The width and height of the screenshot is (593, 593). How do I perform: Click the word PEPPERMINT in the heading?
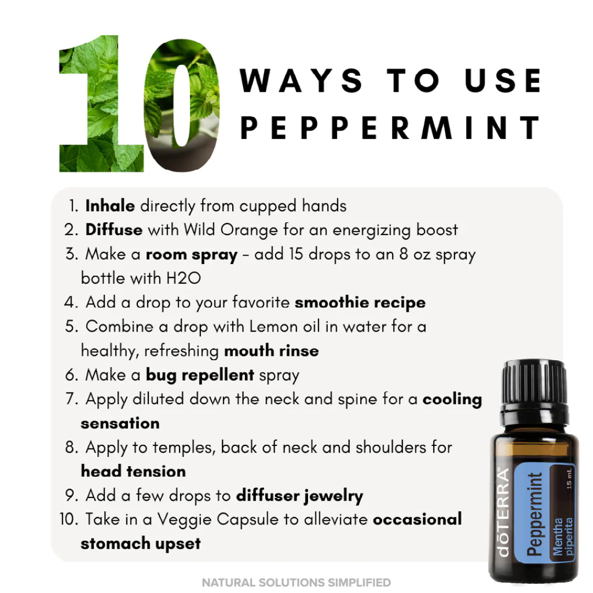[x=390, y=127]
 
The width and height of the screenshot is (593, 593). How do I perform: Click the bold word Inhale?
[x=110, y=206]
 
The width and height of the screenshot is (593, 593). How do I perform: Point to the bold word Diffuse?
[x=114, y=230]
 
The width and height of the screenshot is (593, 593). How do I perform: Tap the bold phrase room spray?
[x=191, y=254]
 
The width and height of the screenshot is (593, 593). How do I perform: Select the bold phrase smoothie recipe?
[x=360, y=302]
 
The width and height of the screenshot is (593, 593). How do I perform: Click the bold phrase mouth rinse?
[x=271, y=350]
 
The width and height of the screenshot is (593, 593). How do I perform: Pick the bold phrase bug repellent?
[x=200, y=375]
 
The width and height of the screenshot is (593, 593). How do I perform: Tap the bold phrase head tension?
[x=133, y=471]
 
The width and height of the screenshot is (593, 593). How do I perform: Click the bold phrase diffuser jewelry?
[x=299, y=495]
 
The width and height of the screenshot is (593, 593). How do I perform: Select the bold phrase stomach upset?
[x=141, y=544]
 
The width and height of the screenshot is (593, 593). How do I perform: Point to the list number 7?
[x=72, y=399]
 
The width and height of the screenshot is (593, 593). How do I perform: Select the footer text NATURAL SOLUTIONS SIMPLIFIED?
[x=296, y=582]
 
